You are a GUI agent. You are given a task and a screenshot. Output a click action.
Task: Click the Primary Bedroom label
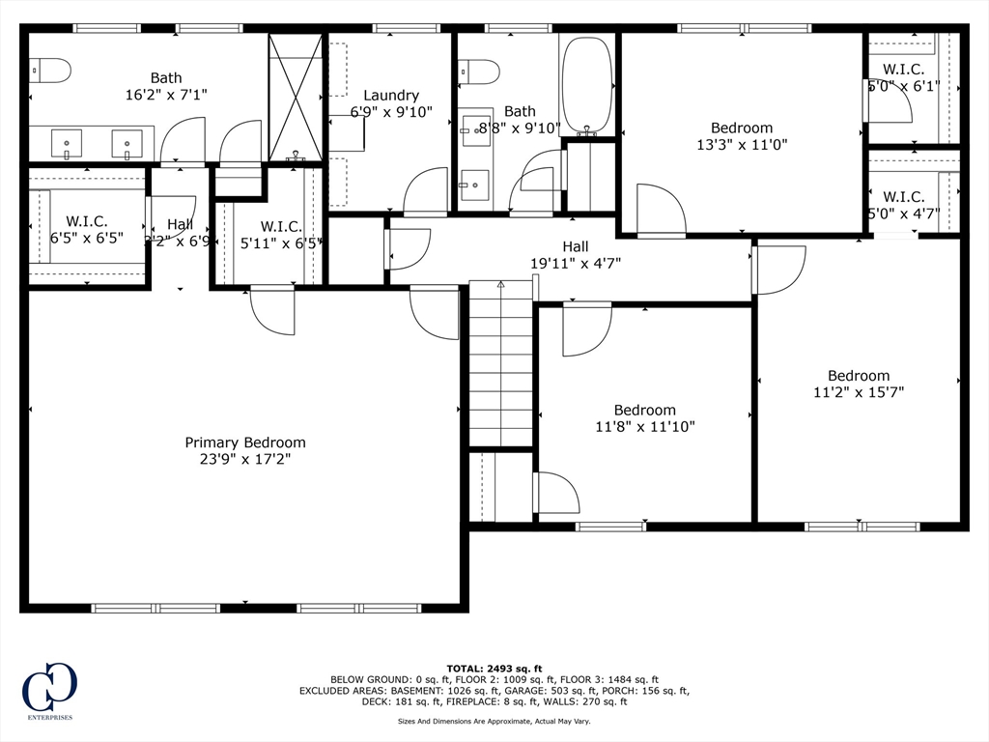pyautogui.click(x=245, y=442)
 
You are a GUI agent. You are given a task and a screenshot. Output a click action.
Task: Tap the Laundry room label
pyautogui.click(x=391, y=96)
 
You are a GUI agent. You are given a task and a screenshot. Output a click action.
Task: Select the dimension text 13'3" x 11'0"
pyautogui.click(x=742, y=145)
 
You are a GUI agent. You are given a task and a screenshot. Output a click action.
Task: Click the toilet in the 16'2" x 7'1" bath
pyautogui.click(x=50, y=70)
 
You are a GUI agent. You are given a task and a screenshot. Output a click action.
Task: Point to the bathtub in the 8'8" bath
pyautogui.click(x=586, y=85)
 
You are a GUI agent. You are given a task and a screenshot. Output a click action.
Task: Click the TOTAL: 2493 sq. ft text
pyautogui.click(x=494, y=669)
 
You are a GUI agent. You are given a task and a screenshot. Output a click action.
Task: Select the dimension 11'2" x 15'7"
pyautogui.click(x=859, y=392)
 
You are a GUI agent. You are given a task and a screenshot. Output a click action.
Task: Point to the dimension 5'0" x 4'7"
pyautogui.click(x=904, y=214)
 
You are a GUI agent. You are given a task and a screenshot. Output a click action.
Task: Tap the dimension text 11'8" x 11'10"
pyautogui.click(x=645, y=426)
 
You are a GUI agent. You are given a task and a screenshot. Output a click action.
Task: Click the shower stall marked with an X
pyautogui.click(x=296, y=97)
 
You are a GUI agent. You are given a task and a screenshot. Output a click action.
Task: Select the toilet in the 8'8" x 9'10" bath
pyautogui.click(x=480, y=71)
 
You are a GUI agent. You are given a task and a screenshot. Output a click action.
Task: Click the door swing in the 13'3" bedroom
pyautogui.click(x=662, y=210)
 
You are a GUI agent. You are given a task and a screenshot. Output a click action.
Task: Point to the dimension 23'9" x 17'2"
pyautogui.click(x=245, y=460)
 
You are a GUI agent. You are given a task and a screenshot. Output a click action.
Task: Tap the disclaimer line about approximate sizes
pyautogui.click(x=494, y=721)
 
